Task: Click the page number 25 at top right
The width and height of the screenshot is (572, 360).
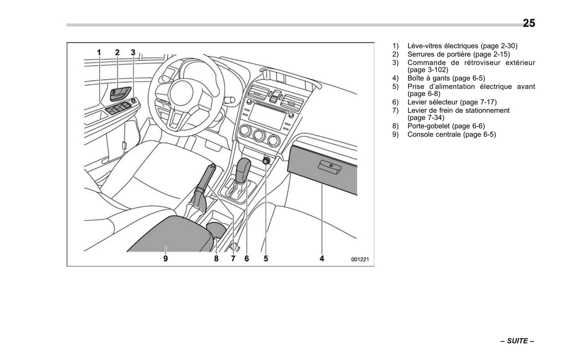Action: [x=528, y=23]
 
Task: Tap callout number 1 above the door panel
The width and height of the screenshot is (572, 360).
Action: [x=99, y=52]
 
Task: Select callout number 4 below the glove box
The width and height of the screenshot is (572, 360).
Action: [x=322, y=259]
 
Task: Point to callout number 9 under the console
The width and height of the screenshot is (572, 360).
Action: [x=165, y=259]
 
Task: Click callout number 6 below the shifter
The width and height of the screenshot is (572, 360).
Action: [x=247, y=259]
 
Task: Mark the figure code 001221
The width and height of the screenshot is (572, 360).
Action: [x=360, y=260]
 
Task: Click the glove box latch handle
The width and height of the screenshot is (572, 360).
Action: [x=331, y=168]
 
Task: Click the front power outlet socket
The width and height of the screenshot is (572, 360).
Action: [x=266, y=160]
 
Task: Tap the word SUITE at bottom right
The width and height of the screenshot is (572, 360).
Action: [x=517, y=341]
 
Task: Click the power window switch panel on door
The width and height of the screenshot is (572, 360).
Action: [x=118, y=108]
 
